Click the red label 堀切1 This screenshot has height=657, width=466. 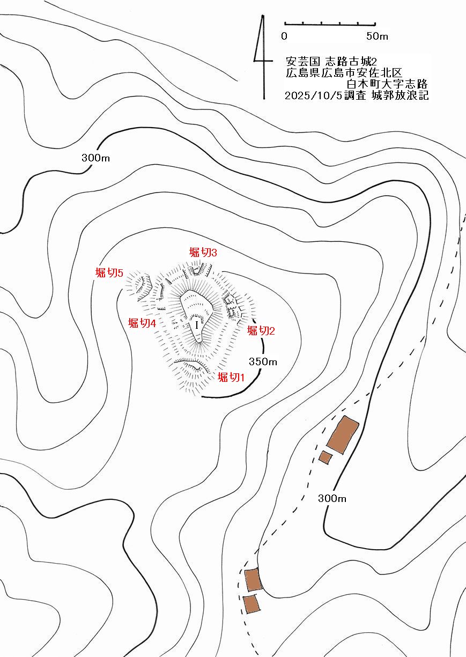pyautogui.click(x=231, y=377)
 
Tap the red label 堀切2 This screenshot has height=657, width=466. pyautogui.click(x=261, y=331)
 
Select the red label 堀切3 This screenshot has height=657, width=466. pyautogui.click(x=203, y=253)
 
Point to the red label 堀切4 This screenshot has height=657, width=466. pyautogui.click(x=142, y=323)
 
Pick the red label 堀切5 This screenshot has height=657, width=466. pyautogui.click(x=109, y=273)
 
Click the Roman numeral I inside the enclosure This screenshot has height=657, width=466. pyautogui.click(x=197, y=325)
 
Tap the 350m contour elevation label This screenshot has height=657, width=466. pyautogui.click(x=263, y=361)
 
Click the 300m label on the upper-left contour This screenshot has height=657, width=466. pyautogui.click(x=95, y=158)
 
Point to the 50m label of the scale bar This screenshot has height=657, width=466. pyautogui.click(x=377, y=36)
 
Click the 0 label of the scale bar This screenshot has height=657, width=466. pyautogui.click(x=284, y=36)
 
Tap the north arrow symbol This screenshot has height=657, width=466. pyautogui.click(x=263, y=57)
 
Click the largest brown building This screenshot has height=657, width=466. pyautogui.click(x=343, y=435)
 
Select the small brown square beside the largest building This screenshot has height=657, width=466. pyautogui.click(x=326, y=457)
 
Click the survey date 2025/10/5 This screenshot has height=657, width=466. pyautogui.click(x=314, y=95)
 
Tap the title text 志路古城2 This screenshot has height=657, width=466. pyautogui.click(x=351, y=62)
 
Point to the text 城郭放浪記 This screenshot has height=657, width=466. pyautogui.click(x=400, y=95)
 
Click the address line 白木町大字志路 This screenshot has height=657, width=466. pyautogui.click(x=387, y=84)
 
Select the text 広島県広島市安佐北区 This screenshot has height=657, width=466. pyautogui.click(x=344, y=73)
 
